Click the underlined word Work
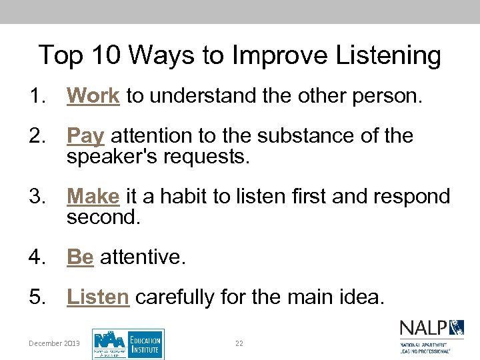point(93,96)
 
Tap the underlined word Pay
point(85,137)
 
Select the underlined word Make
point(93,197)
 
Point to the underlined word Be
point(80,257)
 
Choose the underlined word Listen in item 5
point(97,297)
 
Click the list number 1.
point(37,96)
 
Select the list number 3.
point(37,197)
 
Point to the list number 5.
point(37,297)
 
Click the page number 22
point(239,343)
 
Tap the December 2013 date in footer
point(54,343)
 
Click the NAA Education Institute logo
point(127,344)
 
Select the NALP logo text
point(423,329)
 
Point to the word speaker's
point(111,157)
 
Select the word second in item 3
point(103,217)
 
